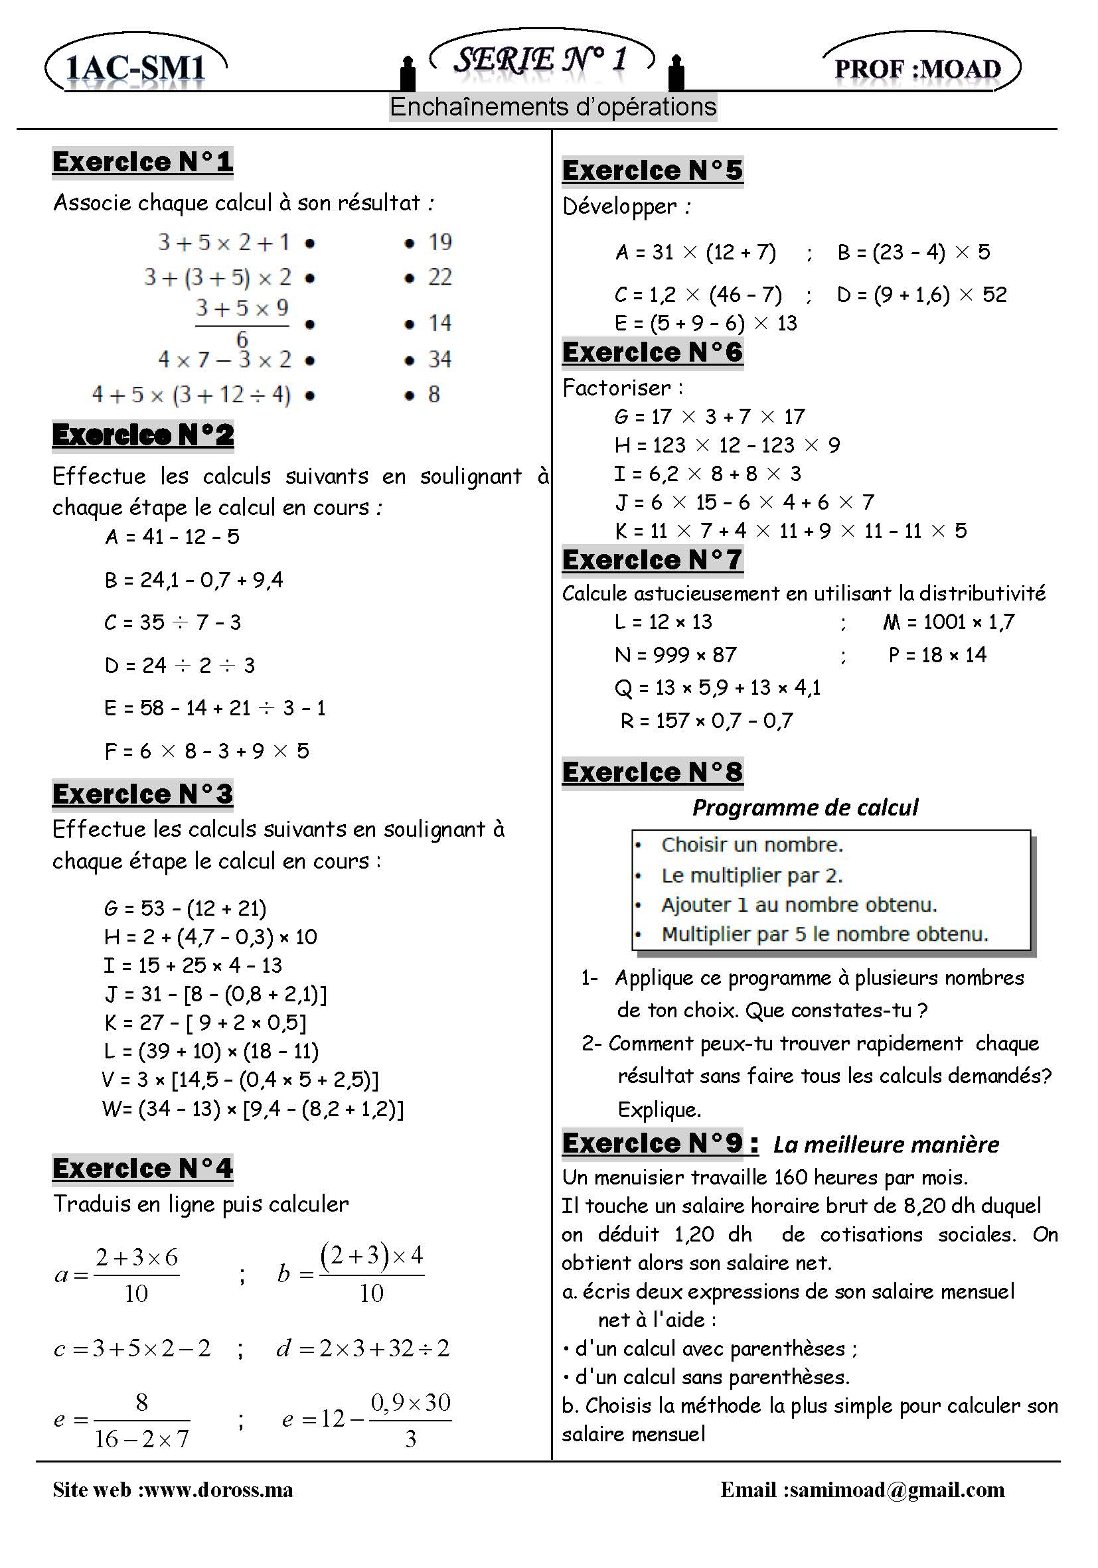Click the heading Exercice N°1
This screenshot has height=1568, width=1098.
[142, 163]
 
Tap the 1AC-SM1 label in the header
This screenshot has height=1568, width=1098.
[135, 68]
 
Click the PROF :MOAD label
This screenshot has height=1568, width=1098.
[917, 69]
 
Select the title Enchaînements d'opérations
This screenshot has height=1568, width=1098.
[553, 107]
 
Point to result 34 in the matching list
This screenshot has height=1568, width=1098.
[439, 359]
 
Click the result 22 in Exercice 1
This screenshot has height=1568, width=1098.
[439, 277]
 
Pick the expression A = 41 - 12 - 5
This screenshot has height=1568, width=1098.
[172, 537]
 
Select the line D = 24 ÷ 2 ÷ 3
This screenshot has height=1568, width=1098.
[180, 665]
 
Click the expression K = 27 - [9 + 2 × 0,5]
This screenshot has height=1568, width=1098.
[205, 1023]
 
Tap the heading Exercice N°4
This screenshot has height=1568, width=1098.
[142, 1169]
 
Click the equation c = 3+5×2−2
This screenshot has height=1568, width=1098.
[132, 1348]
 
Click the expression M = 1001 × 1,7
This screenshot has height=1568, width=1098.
[949, 622]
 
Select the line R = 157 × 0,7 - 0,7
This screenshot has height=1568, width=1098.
[706, 721]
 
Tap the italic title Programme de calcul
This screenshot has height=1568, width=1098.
[805, 807]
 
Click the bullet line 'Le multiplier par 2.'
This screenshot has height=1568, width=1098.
[751, 875]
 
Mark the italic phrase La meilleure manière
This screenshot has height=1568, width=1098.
[886, 1144]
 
